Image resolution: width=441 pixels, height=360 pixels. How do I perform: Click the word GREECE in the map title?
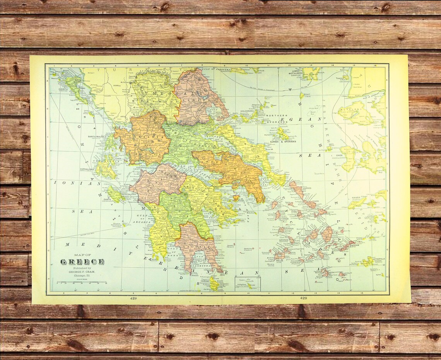click(82, 262)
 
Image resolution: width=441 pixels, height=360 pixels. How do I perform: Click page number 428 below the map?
click(134, 299)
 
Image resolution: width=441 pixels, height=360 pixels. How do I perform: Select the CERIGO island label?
click(205, 281)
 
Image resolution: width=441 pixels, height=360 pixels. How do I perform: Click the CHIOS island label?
click(339, 155)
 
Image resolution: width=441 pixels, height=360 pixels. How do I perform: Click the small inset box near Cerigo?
click(248, 283)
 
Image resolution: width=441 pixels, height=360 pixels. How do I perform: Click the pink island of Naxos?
click(327, 234)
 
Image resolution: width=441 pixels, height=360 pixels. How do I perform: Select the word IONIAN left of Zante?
click(77, 183)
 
